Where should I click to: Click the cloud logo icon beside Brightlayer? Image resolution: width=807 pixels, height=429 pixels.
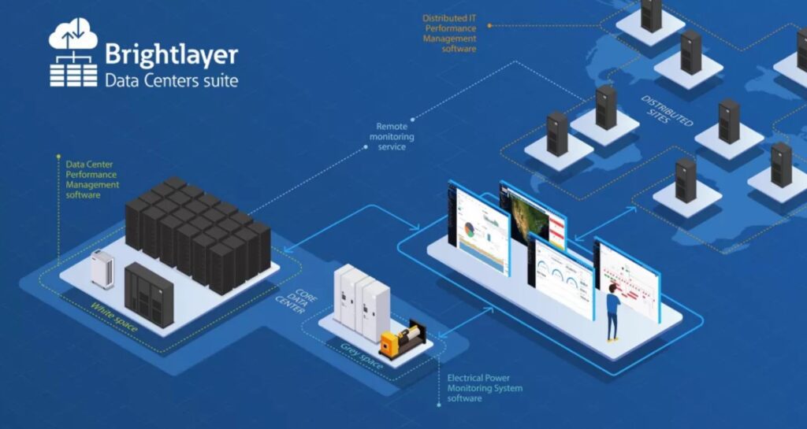(73, 52)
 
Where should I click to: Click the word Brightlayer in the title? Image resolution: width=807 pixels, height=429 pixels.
(171, 55)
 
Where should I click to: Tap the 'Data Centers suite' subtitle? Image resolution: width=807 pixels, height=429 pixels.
(171, 80)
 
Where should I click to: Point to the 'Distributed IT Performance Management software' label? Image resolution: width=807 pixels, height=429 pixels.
(449, 33)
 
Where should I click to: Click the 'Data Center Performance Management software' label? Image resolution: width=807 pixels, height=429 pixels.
(92, 179)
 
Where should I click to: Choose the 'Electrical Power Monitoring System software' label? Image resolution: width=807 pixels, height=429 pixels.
(485, 388)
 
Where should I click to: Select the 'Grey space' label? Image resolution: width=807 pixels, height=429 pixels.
(362, 355)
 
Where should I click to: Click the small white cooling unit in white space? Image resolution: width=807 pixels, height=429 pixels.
(102, 270)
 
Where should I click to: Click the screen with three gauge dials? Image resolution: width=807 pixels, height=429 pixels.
(561, 275)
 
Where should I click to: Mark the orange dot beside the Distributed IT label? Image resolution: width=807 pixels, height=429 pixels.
(489, 25)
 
